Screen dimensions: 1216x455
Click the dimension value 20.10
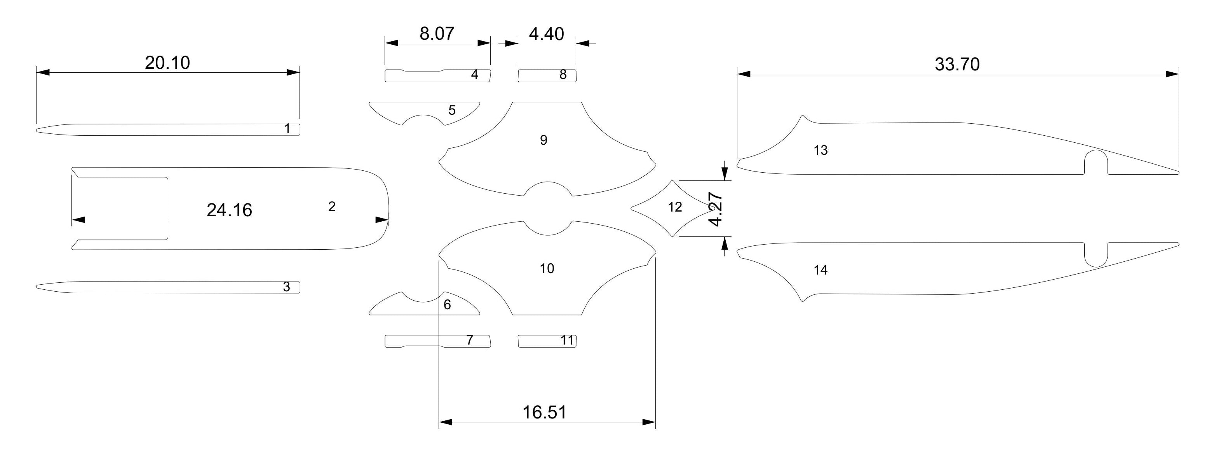[x=167, y=62]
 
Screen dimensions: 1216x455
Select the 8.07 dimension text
[x=437, y=33]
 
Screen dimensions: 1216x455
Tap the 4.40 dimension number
[x=546, y=34]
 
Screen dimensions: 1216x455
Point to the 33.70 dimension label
[x=957, y=64]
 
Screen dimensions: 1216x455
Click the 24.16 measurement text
[x=230, y=210]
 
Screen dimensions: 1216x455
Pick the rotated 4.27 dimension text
[x=716, y=209]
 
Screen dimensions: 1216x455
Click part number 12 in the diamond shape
[x=675, y=207]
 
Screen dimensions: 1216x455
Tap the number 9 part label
[x=544, y=140]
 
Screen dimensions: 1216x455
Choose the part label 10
[x=547, y=268]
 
